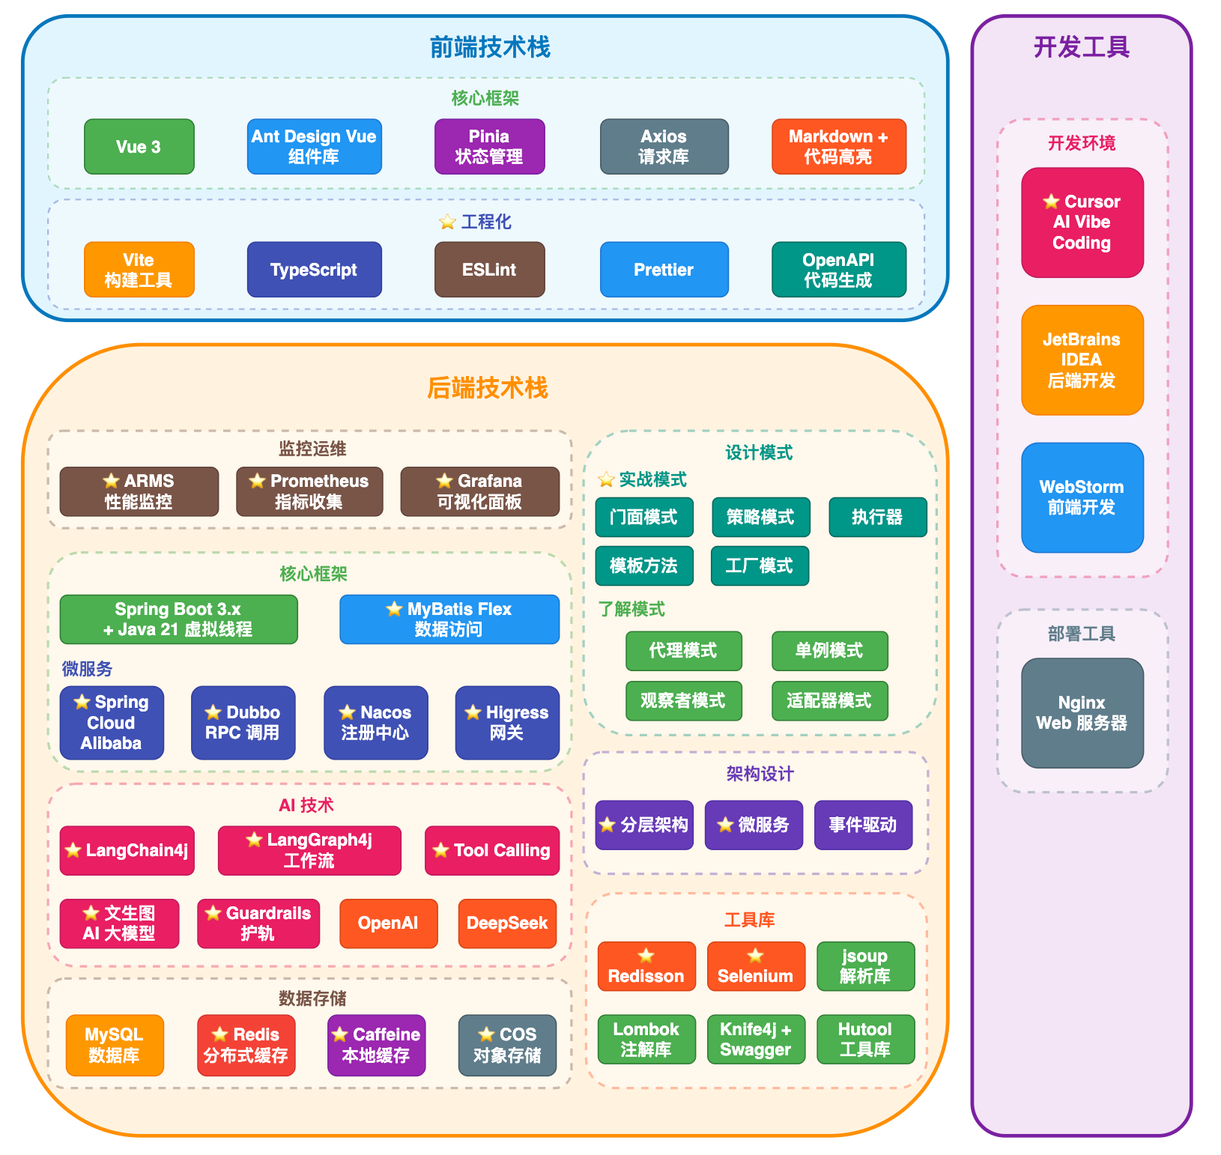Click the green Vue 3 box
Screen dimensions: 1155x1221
pyautogui.click(x=139, y=147)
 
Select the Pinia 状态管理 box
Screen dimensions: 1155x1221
pyautogui.click(x=489, y=147)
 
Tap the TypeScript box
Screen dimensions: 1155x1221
pyautogui.click(x=314, y=270)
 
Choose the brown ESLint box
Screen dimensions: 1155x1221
pyautogui.click(x=489, y=270)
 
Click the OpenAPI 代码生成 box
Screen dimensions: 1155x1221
pyautogui.click(x=838, y=270)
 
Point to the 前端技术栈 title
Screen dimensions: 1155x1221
pyautogui.click(x=490, y=47)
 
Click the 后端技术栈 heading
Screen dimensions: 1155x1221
pyautogui.click(x=487, y=388)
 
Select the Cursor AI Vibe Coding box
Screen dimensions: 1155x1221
pyautogui.click(x=1082, y=222)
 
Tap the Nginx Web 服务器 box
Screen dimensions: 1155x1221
pyautogui.click(x=1082, y=712)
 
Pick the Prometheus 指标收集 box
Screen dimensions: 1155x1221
pyautogui.click(x=309, y=491)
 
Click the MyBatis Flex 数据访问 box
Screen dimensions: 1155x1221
pyautogui.click(x=449, y=619)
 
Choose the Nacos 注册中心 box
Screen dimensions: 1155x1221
pyautogui.click(x=375, y=723)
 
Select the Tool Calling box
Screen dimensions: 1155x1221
pyautogui.click(x=491, y=850)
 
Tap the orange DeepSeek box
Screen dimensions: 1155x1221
pyautogui.click(x=507, y=923)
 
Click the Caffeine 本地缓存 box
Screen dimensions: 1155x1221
pyautogui.click(x=376, y=1045)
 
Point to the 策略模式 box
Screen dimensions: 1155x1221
pyautogui.click(x=760, y=517)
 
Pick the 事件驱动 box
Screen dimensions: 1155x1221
pyautogui.click(x=862, y=825)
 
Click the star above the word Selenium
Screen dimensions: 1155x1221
pyautogui.click(x=755, y=955)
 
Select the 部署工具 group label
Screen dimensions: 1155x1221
pyautogui.click(x=1081, y=634)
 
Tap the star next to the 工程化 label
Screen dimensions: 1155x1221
pyautogui.click(x=447, y=222)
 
